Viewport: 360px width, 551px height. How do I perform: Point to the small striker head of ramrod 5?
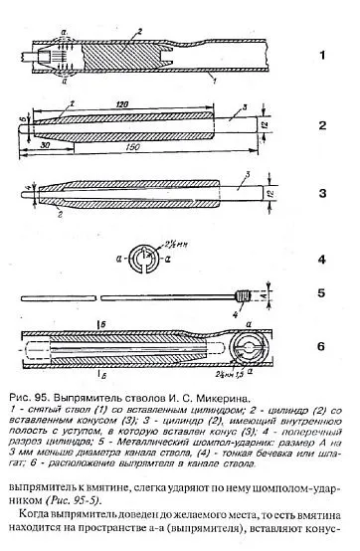(x=241, y=293)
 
